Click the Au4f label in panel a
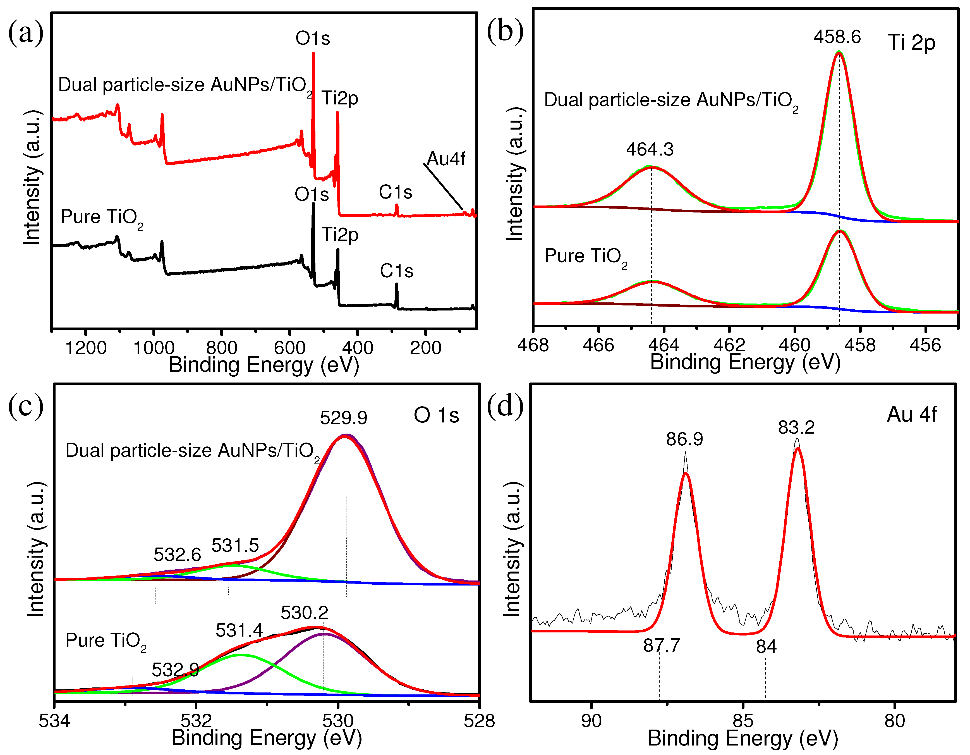click(x=446, y=159)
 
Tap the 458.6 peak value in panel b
click(x=837, y=37)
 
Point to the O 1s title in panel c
click(x=436, y=415)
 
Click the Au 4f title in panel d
click(x=911, y=415)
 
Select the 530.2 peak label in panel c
click(x=304, y=613)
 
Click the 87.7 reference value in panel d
click(x=661, y=645)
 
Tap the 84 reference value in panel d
click(x=766, y=647)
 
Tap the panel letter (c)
click(x=26, y=405)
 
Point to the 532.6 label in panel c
click(x=177, y=555)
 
